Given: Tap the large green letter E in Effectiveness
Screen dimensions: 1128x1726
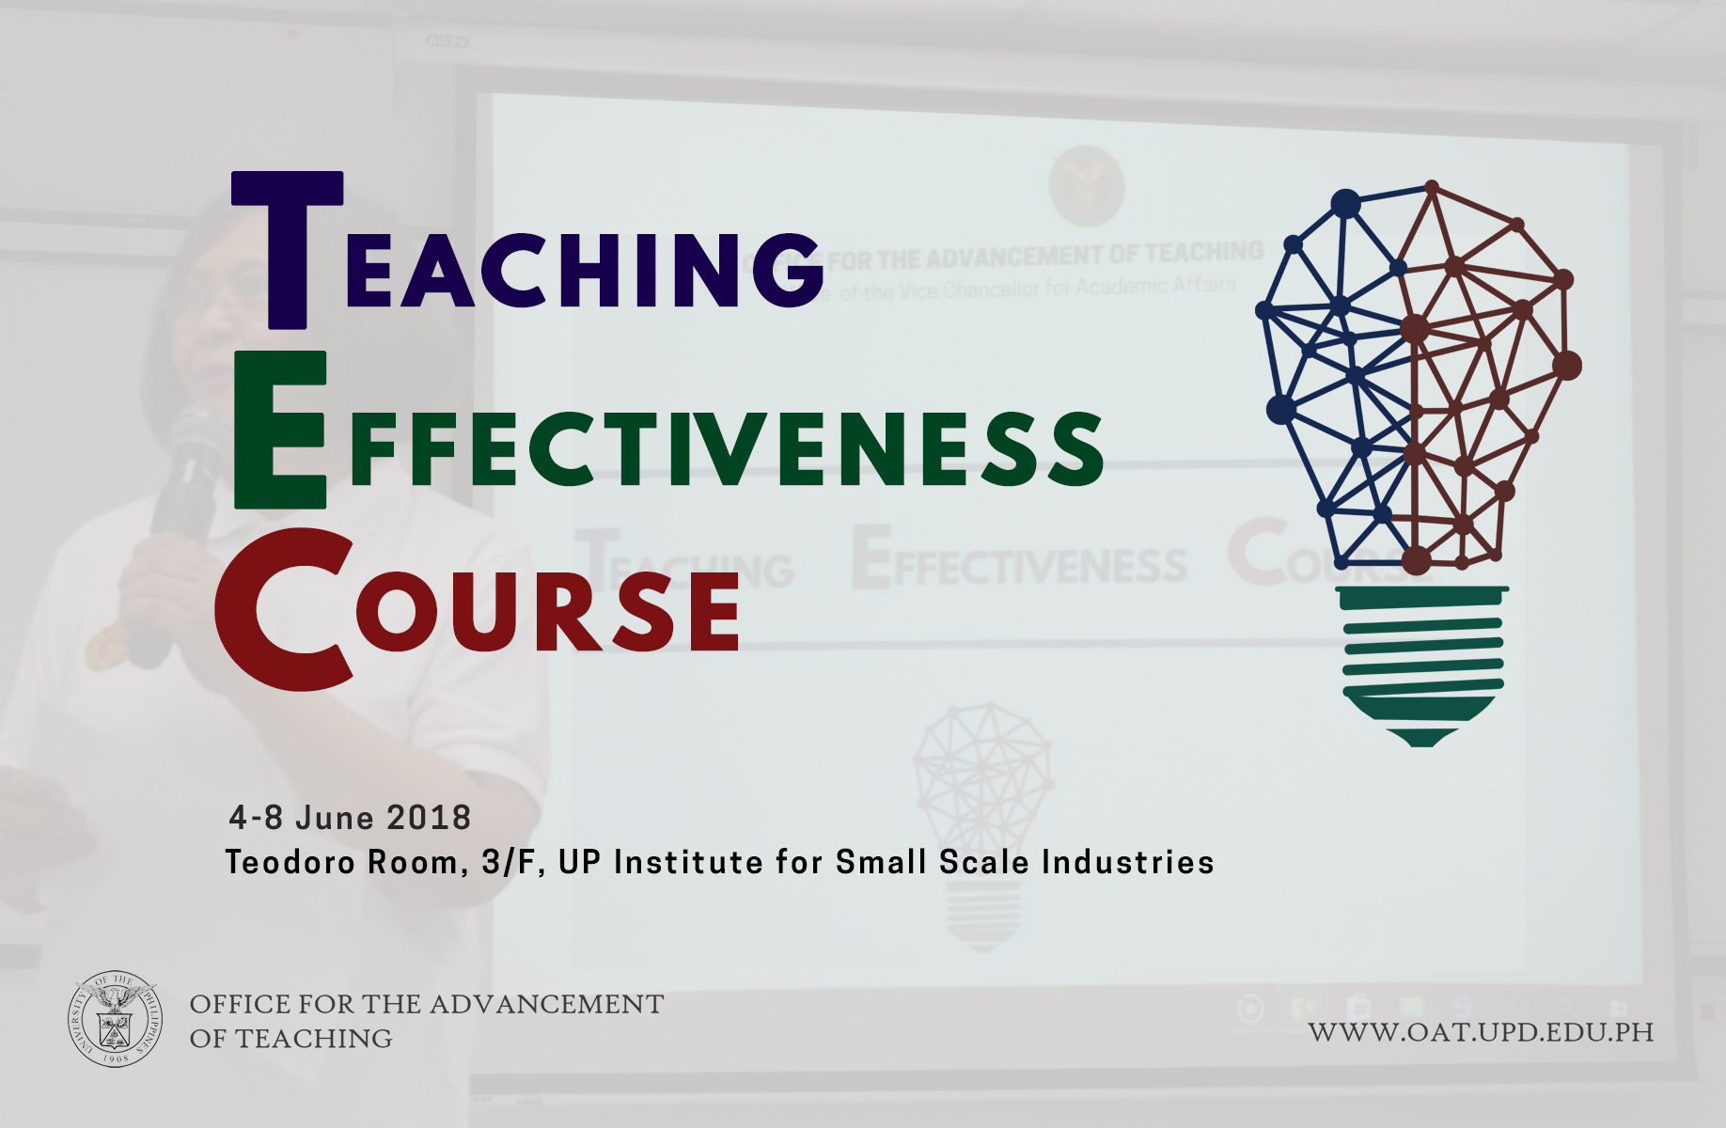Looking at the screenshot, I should click(x=279, y=431).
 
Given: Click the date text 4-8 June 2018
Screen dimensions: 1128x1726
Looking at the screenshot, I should click(x=350, y=818).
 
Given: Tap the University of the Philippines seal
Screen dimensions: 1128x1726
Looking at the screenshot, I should click(x=115, y=1019).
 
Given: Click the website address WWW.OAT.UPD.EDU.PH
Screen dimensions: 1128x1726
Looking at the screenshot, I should click(x=1481, y=1032).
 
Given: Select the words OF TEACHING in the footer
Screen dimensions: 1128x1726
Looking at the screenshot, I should click(x=291, y=1039).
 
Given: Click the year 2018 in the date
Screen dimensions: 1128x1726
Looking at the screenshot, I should click(x=429, y=818).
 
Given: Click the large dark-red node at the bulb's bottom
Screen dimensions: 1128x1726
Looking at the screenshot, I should click(x=1416, y=561).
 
